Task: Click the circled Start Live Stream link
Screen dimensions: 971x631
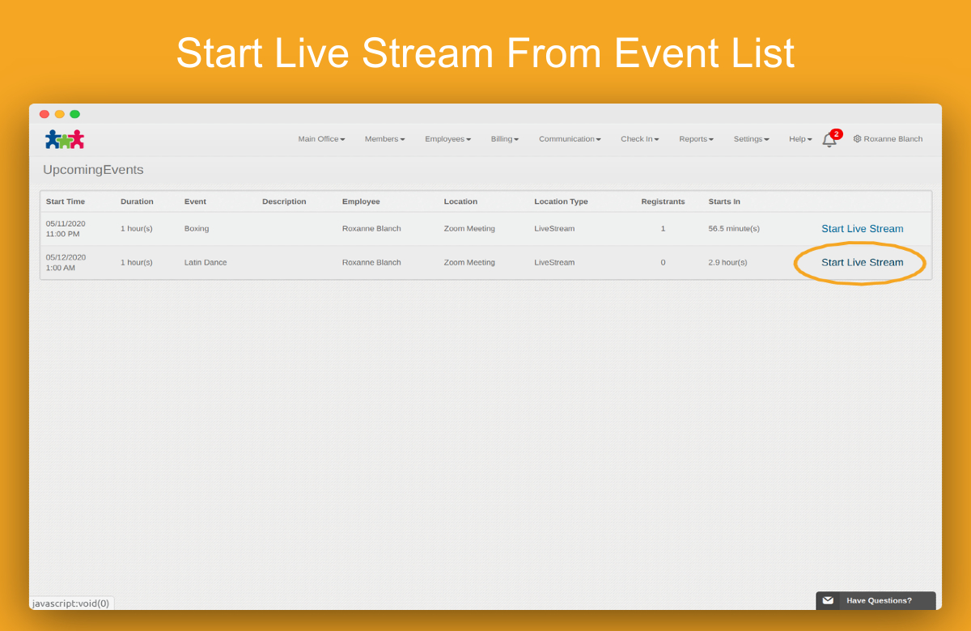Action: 863,262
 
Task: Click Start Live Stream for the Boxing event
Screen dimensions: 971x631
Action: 863,228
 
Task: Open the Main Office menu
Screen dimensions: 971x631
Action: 321,138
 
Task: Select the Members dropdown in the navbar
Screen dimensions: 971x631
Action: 384,138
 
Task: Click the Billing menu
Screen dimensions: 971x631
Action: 505,138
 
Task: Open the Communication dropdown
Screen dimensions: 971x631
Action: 570,138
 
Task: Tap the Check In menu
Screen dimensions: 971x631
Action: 639,138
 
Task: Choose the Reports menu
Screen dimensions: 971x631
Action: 696,138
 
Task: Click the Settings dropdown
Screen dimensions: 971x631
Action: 751,138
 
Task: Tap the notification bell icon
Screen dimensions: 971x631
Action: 829,140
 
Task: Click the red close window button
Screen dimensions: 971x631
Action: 45,114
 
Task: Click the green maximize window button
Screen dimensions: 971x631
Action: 75,114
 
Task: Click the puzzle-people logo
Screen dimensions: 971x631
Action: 65,139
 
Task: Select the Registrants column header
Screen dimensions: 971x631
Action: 663,201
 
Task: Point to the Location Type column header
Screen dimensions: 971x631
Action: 561,201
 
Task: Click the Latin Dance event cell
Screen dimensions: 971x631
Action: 206,262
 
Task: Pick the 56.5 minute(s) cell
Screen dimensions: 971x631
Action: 734,228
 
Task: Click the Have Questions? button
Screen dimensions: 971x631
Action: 876,600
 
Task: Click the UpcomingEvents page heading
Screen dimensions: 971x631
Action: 93,169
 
